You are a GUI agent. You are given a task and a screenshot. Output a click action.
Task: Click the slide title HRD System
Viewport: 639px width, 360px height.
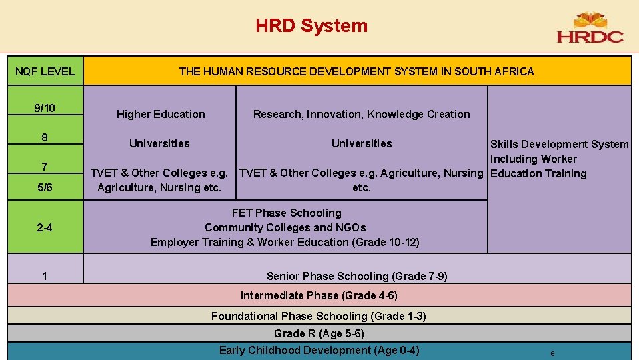pyautogui.click(x=311, y=26)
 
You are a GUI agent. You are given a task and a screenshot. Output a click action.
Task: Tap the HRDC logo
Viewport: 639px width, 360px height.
pyautogui.click(x=590, y=29)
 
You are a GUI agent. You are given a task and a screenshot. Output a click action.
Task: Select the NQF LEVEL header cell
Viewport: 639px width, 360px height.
pyautogui.click(x=45, y=71)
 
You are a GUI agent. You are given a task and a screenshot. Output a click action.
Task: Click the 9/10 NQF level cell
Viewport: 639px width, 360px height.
pyautogui.click(x=45, y=108)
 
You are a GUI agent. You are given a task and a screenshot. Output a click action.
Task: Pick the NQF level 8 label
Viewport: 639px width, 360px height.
pyautogui.click(x=45, y=138)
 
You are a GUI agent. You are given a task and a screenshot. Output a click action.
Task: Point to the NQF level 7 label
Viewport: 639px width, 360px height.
pyautogui.click(x=45, y=166)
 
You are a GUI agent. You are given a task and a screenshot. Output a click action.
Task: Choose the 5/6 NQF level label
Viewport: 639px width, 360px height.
pyautogui.click(x=45, y=188)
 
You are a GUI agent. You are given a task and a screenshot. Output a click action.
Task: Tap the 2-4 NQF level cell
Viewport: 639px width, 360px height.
pyautogui.click(x=45, y=228)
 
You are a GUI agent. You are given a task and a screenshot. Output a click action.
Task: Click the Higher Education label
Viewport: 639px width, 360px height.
pyautogui.click(x=161, y=114)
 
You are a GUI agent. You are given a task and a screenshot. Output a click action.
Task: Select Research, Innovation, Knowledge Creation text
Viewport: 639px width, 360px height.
pyautogui.click(x=362, y=114)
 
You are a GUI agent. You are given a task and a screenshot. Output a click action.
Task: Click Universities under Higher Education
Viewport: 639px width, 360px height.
pyautogui.click(x=159, y=143)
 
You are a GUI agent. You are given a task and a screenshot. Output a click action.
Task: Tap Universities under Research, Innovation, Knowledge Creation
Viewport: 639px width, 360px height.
pyautogui.click(x=362, y=143)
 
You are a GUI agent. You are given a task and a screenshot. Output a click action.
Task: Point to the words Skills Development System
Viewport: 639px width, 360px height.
pyautogui.click(x=559, y=144)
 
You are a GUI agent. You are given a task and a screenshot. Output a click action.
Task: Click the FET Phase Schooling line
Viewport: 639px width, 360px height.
pyautogui.click(x=286, y=213)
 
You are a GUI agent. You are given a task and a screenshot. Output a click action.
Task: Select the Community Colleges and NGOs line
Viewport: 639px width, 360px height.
pyautogui.click(x=285, y=227)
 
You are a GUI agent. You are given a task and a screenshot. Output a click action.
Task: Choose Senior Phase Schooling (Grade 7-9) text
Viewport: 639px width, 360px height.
pyautogui.click(x=357, y=276)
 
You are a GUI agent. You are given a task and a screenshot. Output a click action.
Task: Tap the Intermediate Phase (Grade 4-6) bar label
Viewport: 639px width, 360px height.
pyautogui.click(x=319, y=295)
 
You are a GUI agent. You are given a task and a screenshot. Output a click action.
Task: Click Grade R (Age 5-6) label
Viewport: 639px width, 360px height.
pyautogui.click(x=319, y=333)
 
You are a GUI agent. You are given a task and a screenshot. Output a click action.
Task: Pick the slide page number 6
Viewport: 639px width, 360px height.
pyautogui.click(x=552, y=353)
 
